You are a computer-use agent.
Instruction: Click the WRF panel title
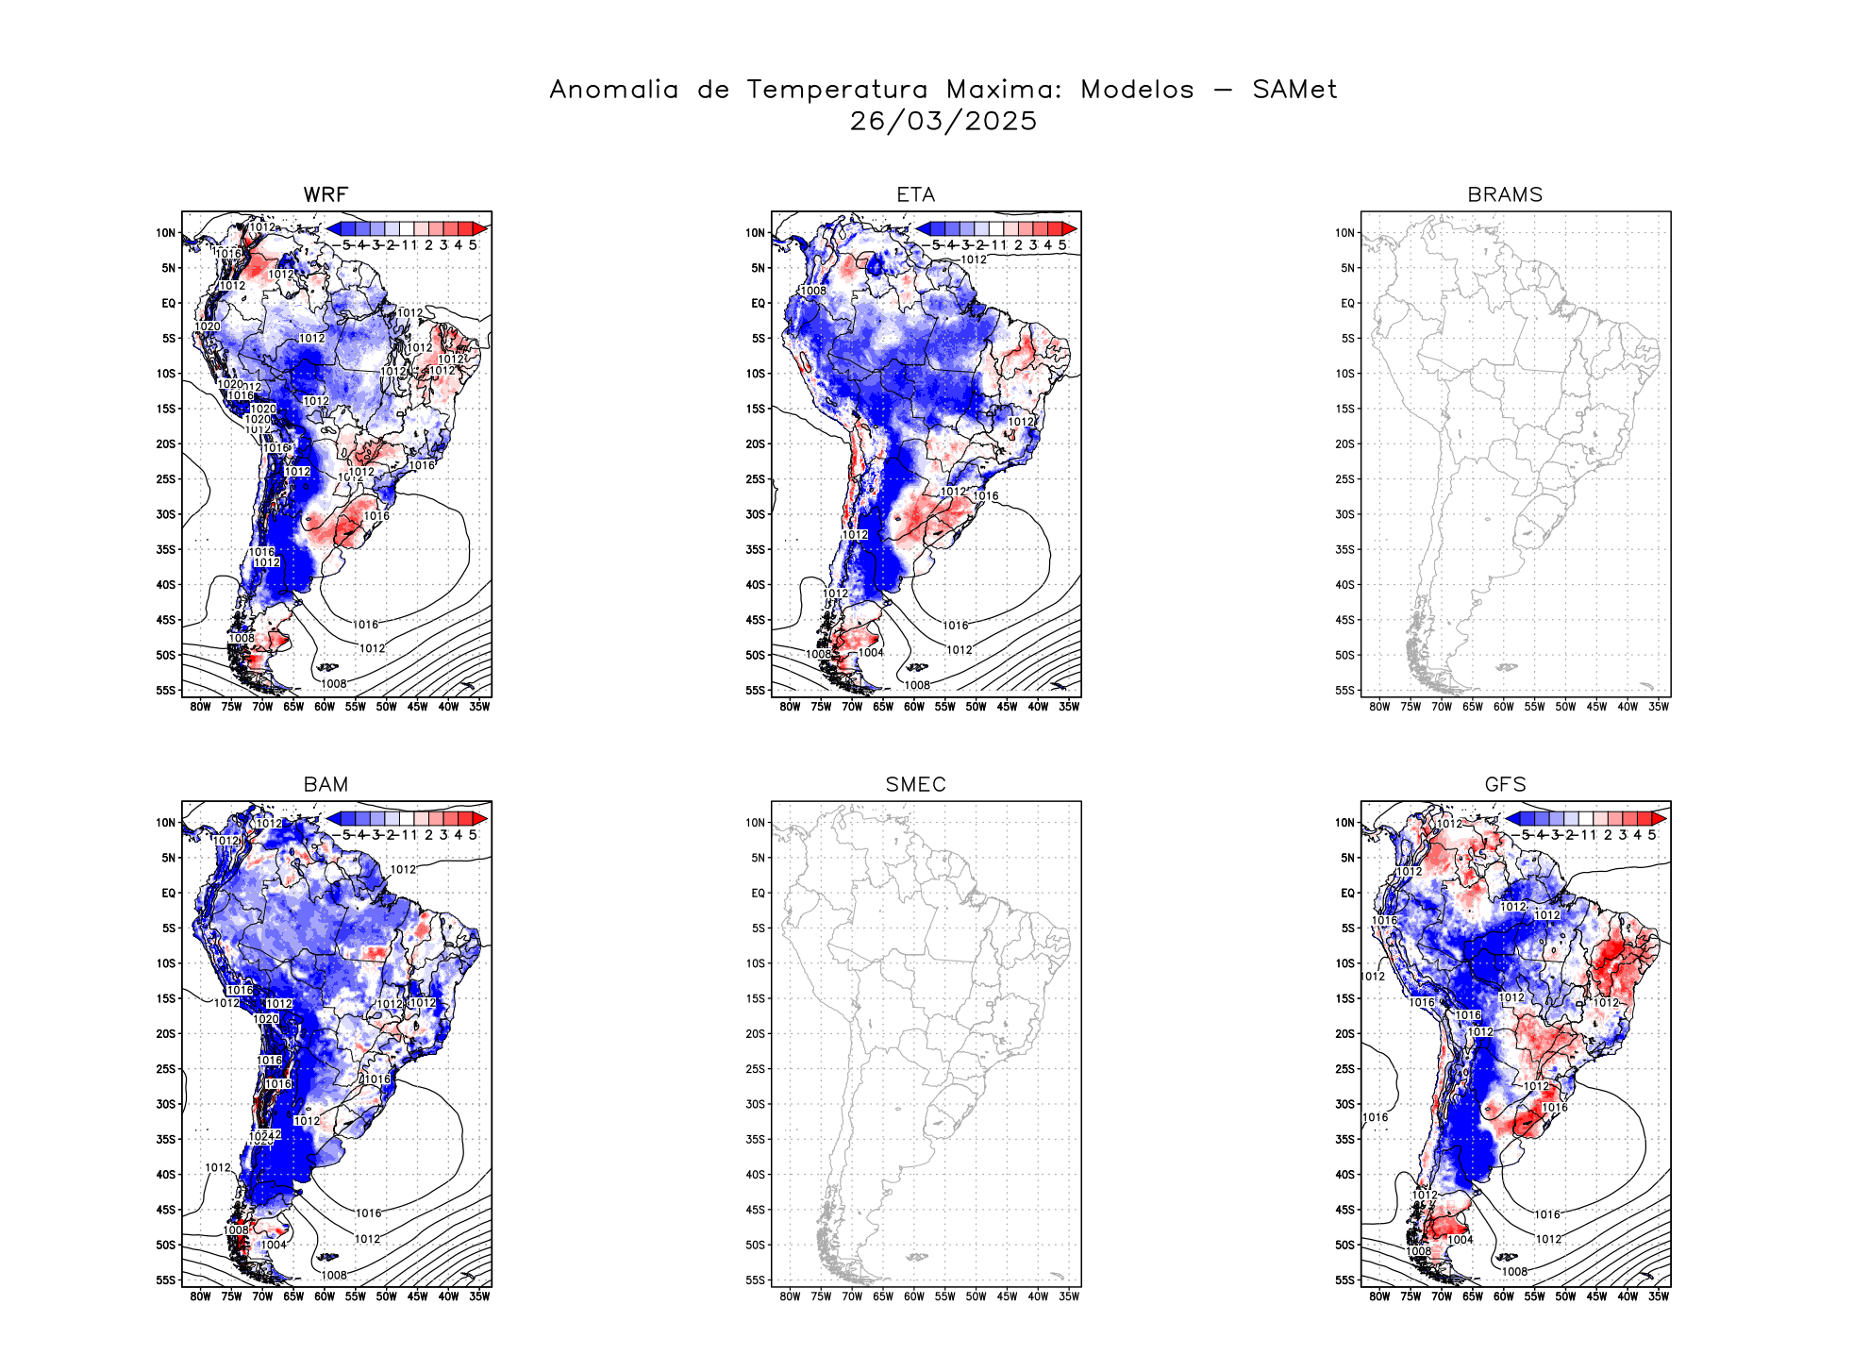pos(326,194)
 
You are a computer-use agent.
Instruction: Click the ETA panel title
pos(915,194)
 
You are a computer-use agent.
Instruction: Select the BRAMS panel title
pos(1505,194)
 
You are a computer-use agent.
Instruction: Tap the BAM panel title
pos(326,784)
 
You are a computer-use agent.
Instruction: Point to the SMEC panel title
pos(915,784)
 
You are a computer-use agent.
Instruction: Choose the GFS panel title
pos(1505,784)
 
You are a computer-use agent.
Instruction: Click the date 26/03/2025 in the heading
pos(943,122)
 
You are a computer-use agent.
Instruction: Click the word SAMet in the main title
pos(1294,90)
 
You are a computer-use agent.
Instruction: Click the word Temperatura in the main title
pos(837,90)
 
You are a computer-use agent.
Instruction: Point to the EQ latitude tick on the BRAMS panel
pos(1347,303)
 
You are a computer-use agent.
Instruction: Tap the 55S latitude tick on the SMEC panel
pos(756,1280)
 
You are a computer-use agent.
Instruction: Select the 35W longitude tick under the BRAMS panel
pos(1658,707)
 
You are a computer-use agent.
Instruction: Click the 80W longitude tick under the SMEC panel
pos(790,1296)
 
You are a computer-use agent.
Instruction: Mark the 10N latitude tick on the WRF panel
pos(166,233)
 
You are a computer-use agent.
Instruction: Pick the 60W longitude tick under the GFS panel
pos(1503,1296)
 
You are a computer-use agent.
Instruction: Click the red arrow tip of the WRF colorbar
pos(481,228)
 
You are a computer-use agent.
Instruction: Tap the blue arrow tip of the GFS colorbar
pos(1511,818)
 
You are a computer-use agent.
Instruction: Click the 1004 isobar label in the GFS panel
pos(1460,1240)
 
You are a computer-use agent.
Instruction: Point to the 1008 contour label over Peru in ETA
pos(813,291)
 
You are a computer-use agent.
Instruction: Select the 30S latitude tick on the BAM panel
pos(166,1104)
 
